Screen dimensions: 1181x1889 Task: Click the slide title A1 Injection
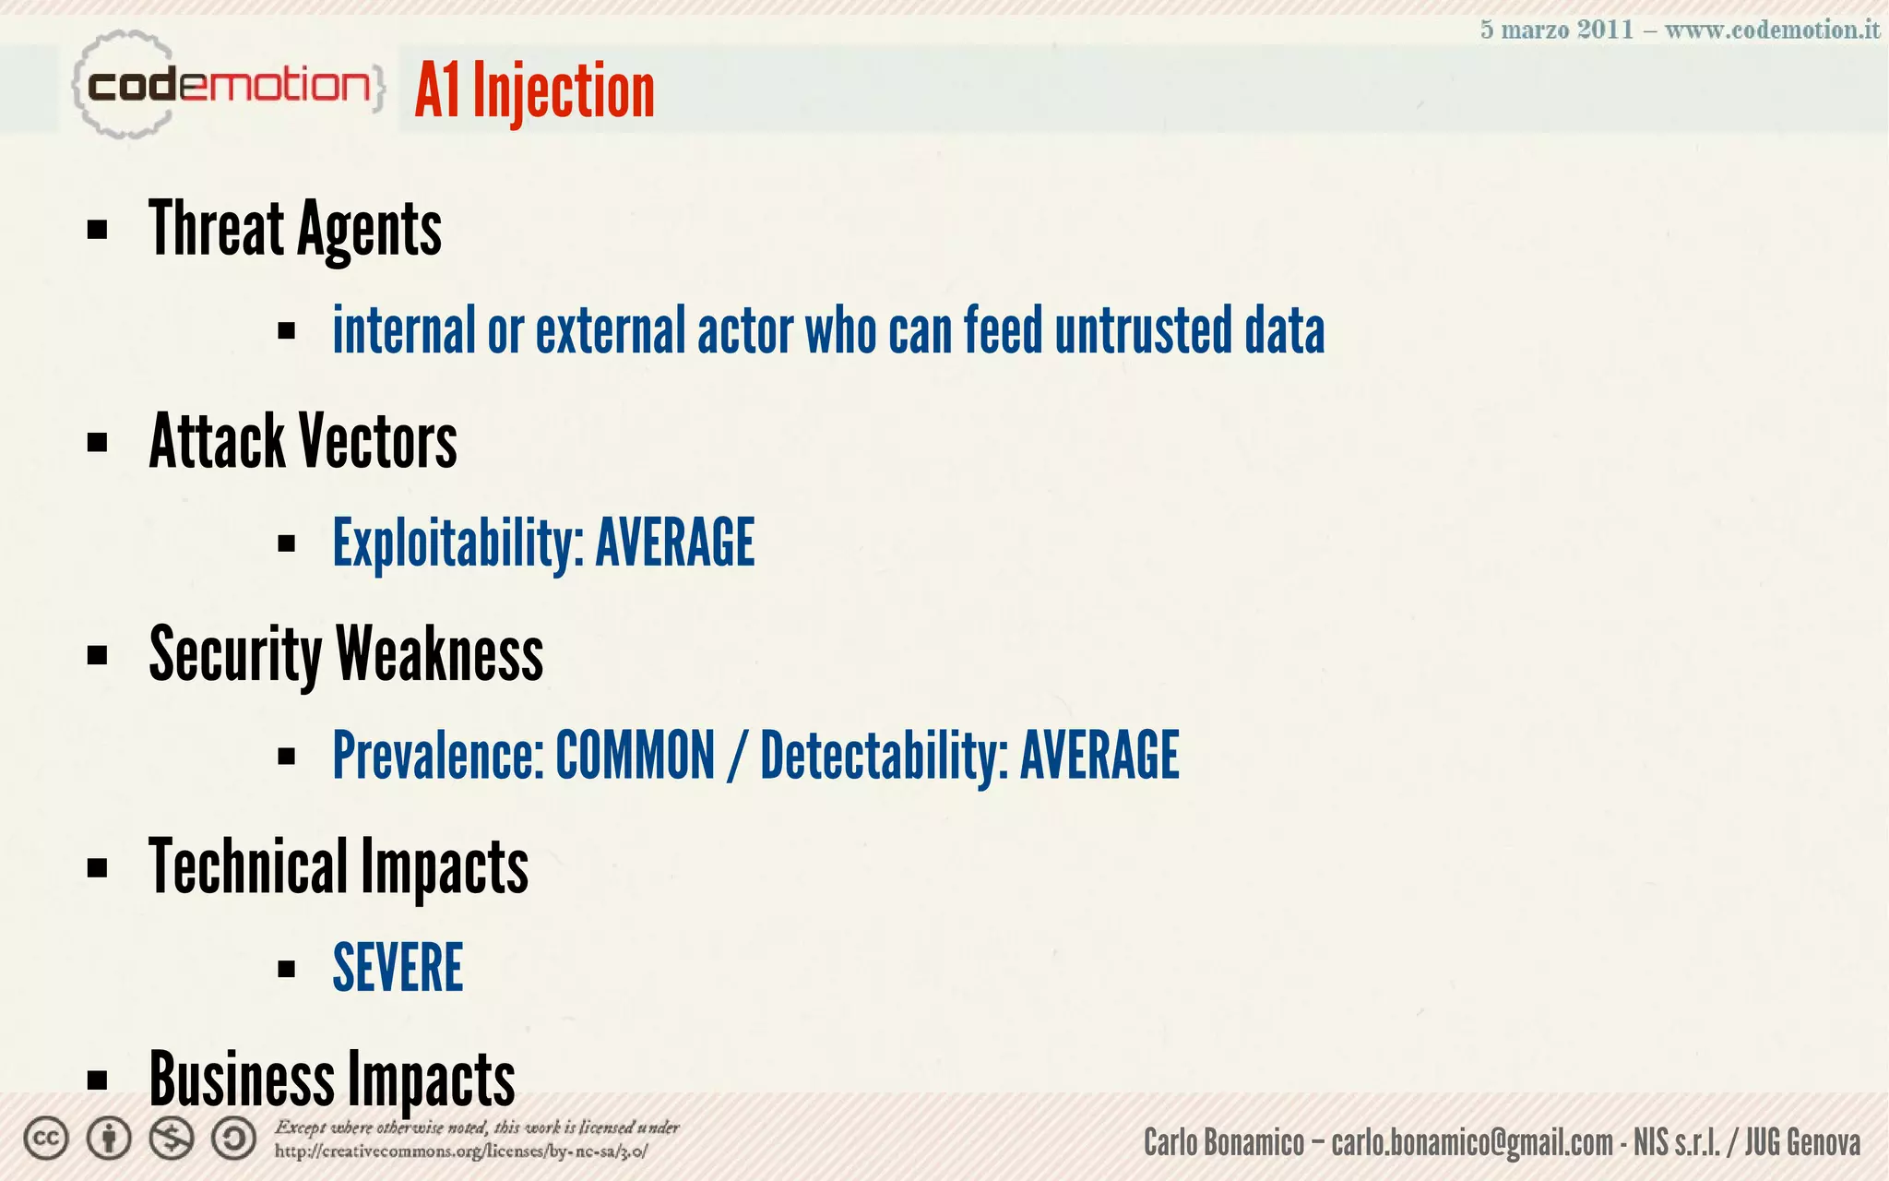coord(535,90)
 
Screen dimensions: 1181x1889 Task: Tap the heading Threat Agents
coord(295,229)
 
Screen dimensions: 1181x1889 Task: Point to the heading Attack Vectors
coord(303,441)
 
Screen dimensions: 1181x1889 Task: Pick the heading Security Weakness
coord(346,653)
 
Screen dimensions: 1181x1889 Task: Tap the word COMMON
coord(635,756)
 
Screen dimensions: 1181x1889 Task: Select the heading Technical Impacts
coord(339,866)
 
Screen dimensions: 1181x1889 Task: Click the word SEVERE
coord(398,968)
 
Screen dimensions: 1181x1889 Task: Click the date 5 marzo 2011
coord(1557,30)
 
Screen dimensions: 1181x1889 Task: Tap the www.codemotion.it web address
coord(1772,30)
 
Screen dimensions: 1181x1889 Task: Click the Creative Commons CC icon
coord(46,1139)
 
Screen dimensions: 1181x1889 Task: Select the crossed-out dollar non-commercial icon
coord(172,1139)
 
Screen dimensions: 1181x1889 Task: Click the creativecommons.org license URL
coord(461,1151)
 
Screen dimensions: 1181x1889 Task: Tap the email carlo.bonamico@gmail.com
coord(1472,1143)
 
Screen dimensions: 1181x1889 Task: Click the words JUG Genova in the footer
coord(1802,1143)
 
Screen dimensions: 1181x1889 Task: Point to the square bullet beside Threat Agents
coord(97,230)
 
